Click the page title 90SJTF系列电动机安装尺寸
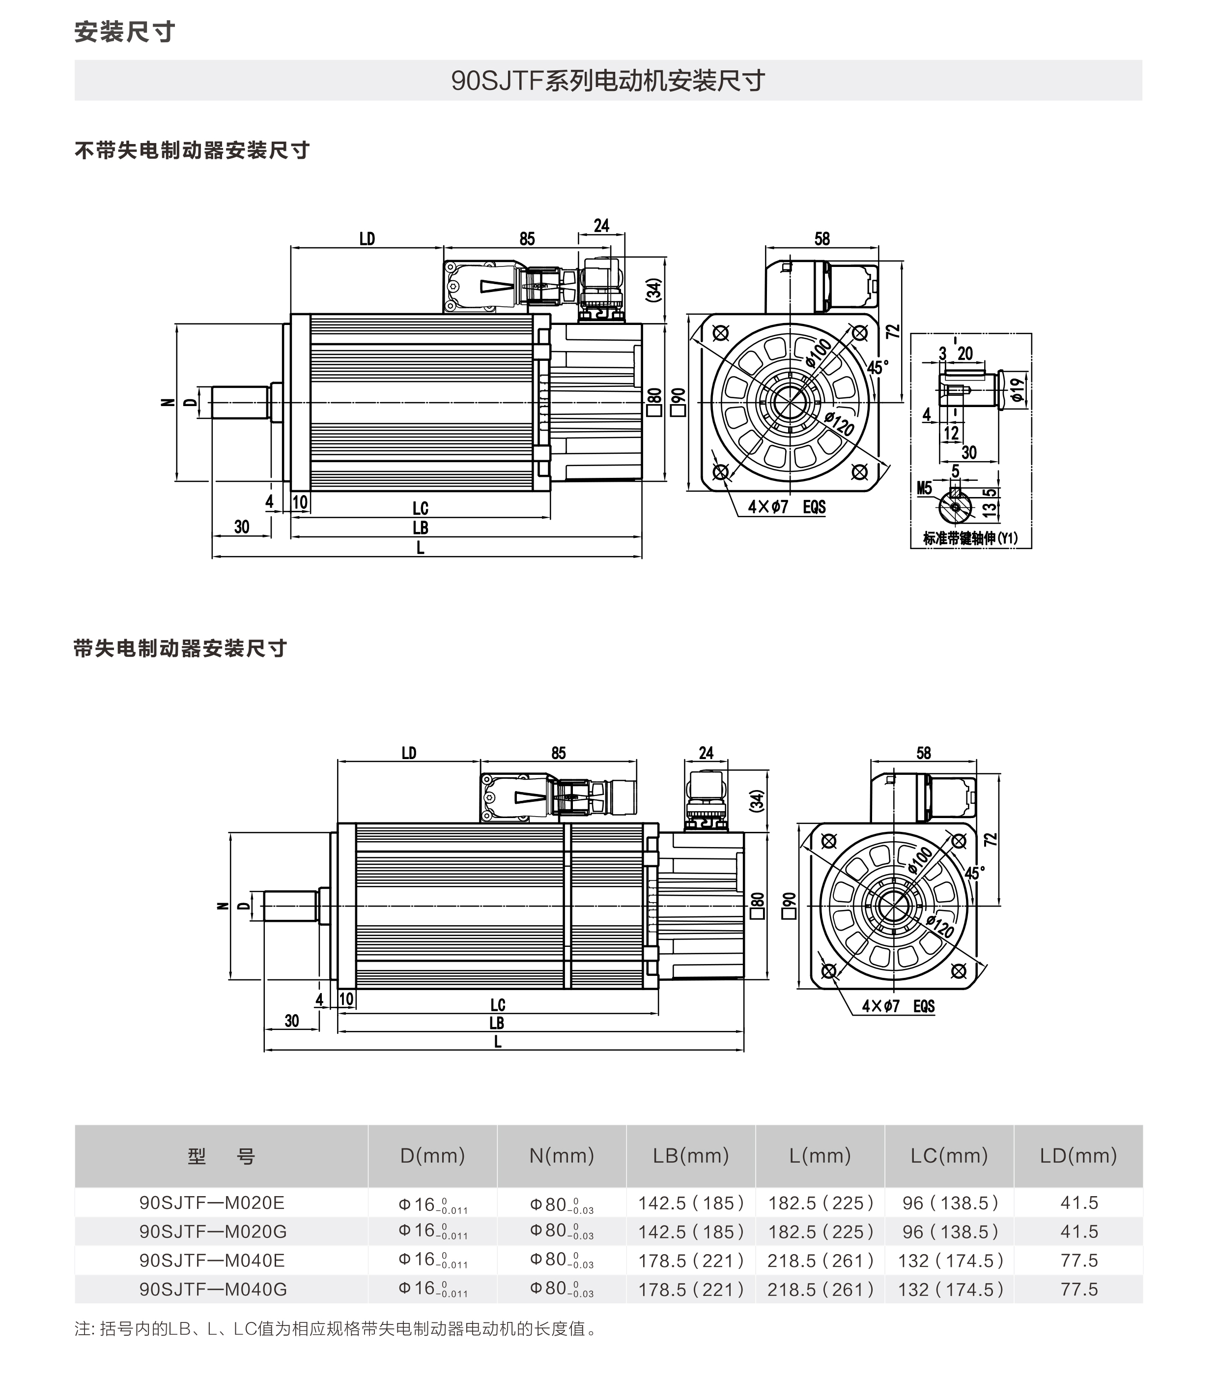[608, 81]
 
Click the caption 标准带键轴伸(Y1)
[970, 538]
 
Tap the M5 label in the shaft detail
[924, 488]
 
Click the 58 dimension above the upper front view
[821, 239]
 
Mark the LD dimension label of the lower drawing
[409, 753]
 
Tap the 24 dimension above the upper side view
[601, 225]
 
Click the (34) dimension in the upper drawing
[653, 290]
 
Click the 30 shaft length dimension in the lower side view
[291, 1021]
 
